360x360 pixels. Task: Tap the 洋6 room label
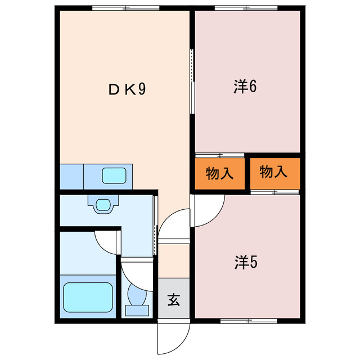(x=246, y=88)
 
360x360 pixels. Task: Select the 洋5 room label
(x=246, y=262)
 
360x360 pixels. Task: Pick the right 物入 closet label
(x=274, y=173)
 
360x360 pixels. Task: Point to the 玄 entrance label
(x=173, y=300)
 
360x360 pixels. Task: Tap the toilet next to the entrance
(x=137, y=298)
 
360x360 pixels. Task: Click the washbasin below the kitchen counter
(x=102, y=204)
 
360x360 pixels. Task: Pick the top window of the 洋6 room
(x=246, y=8)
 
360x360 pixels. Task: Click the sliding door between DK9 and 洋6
(x=192, y=82)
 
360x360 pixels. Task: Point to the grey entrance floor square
(x=173, y=300)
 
